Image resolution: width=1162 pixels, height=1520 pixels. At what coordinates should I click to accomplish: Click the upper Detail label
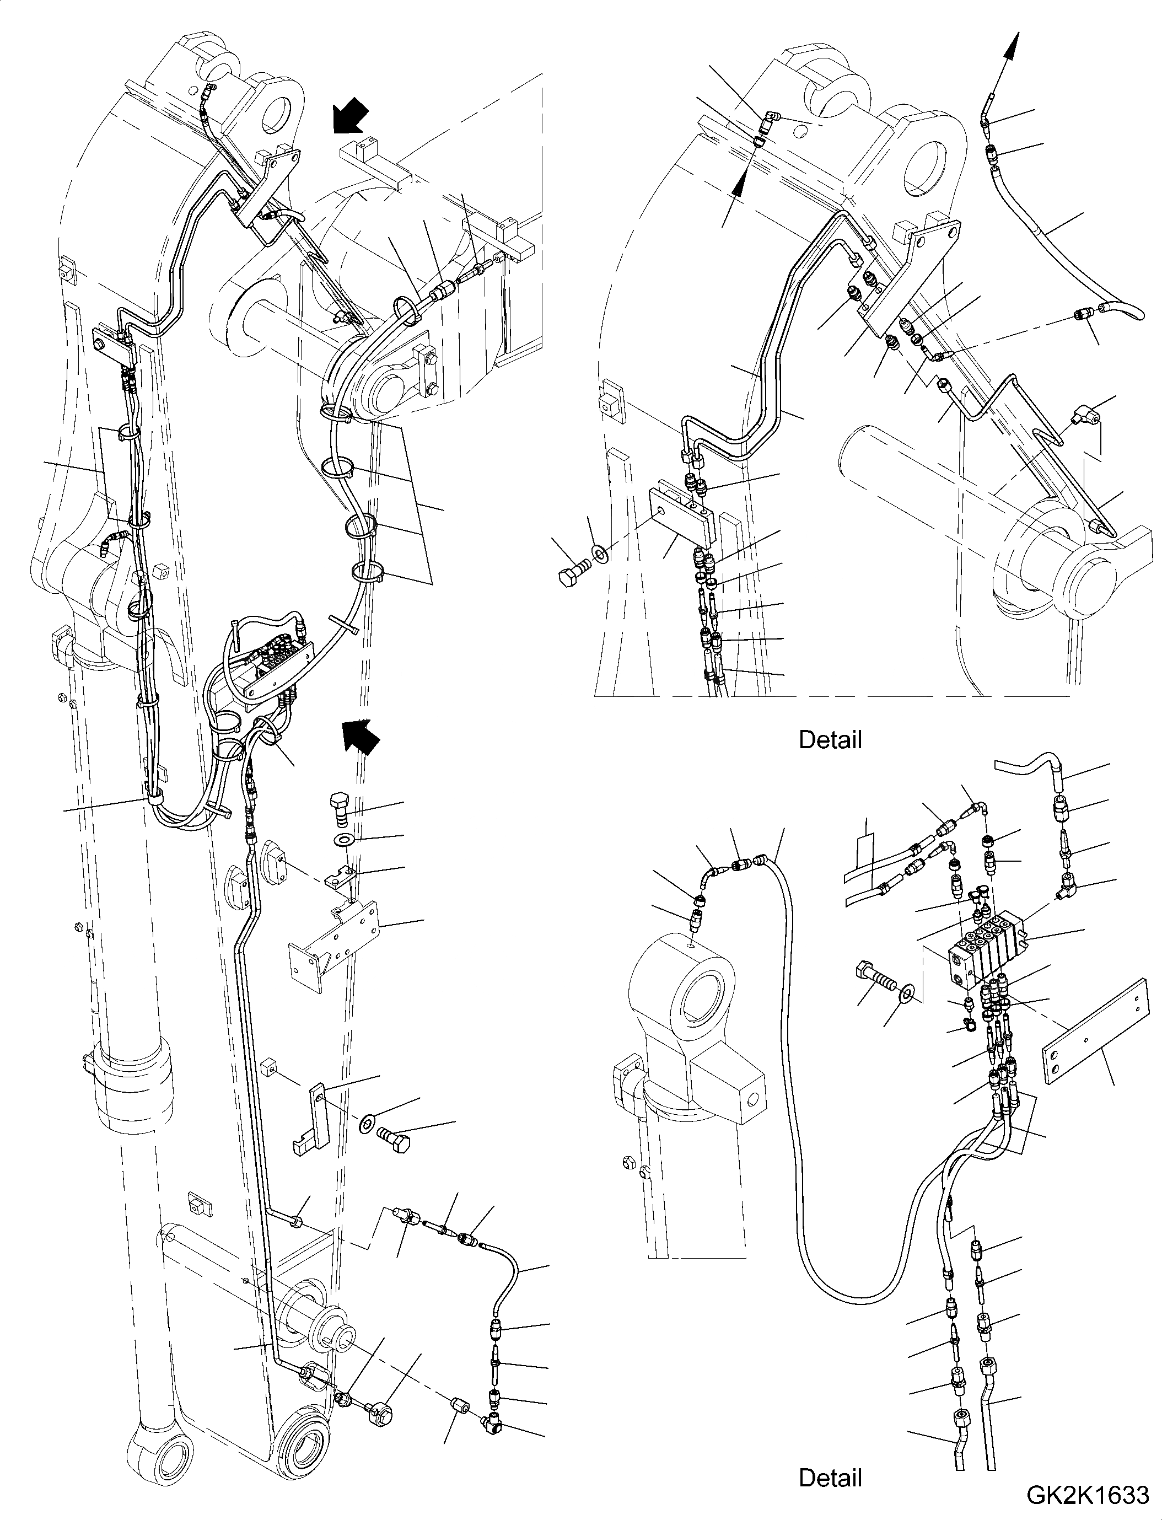point(830,739)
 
